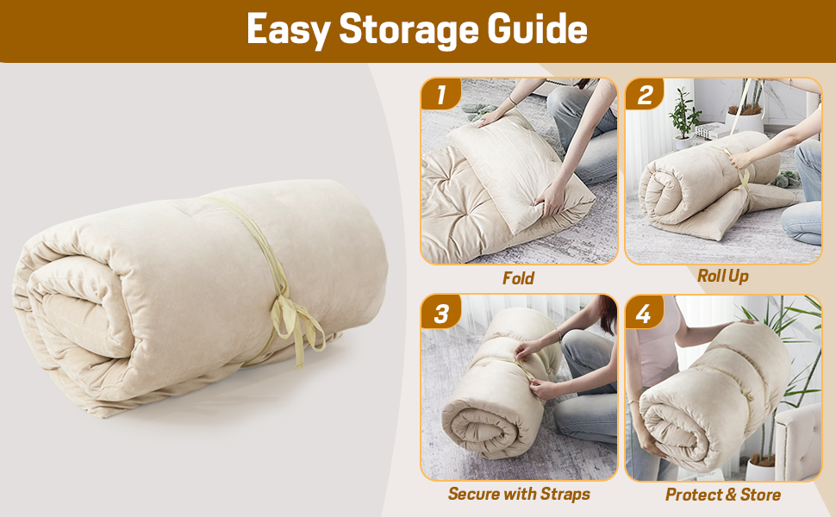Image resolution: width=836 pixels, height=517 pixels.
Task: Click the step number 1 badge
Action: tap(441, 95)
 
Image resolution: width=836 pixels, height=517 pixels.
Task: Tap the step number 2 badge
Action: tap(645, 95)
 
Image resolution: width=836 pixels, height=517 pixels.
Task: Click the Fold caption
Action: tap(519, 278)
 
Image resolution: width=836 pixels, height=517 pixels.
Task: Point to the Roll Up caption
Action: tap(722, 276)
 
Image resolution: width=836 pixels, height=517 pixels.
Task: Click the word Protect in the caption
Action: tap(694, 495)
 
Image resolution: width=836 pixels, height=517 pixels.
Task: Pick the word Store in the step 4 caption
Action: tap(760, 495)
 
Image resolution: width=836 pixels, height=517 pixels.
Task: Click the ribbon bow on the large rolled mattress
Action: tap(293, 319)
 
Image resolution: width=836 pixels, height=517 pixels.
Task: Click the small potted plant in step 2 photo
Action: tap(685, 116)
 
